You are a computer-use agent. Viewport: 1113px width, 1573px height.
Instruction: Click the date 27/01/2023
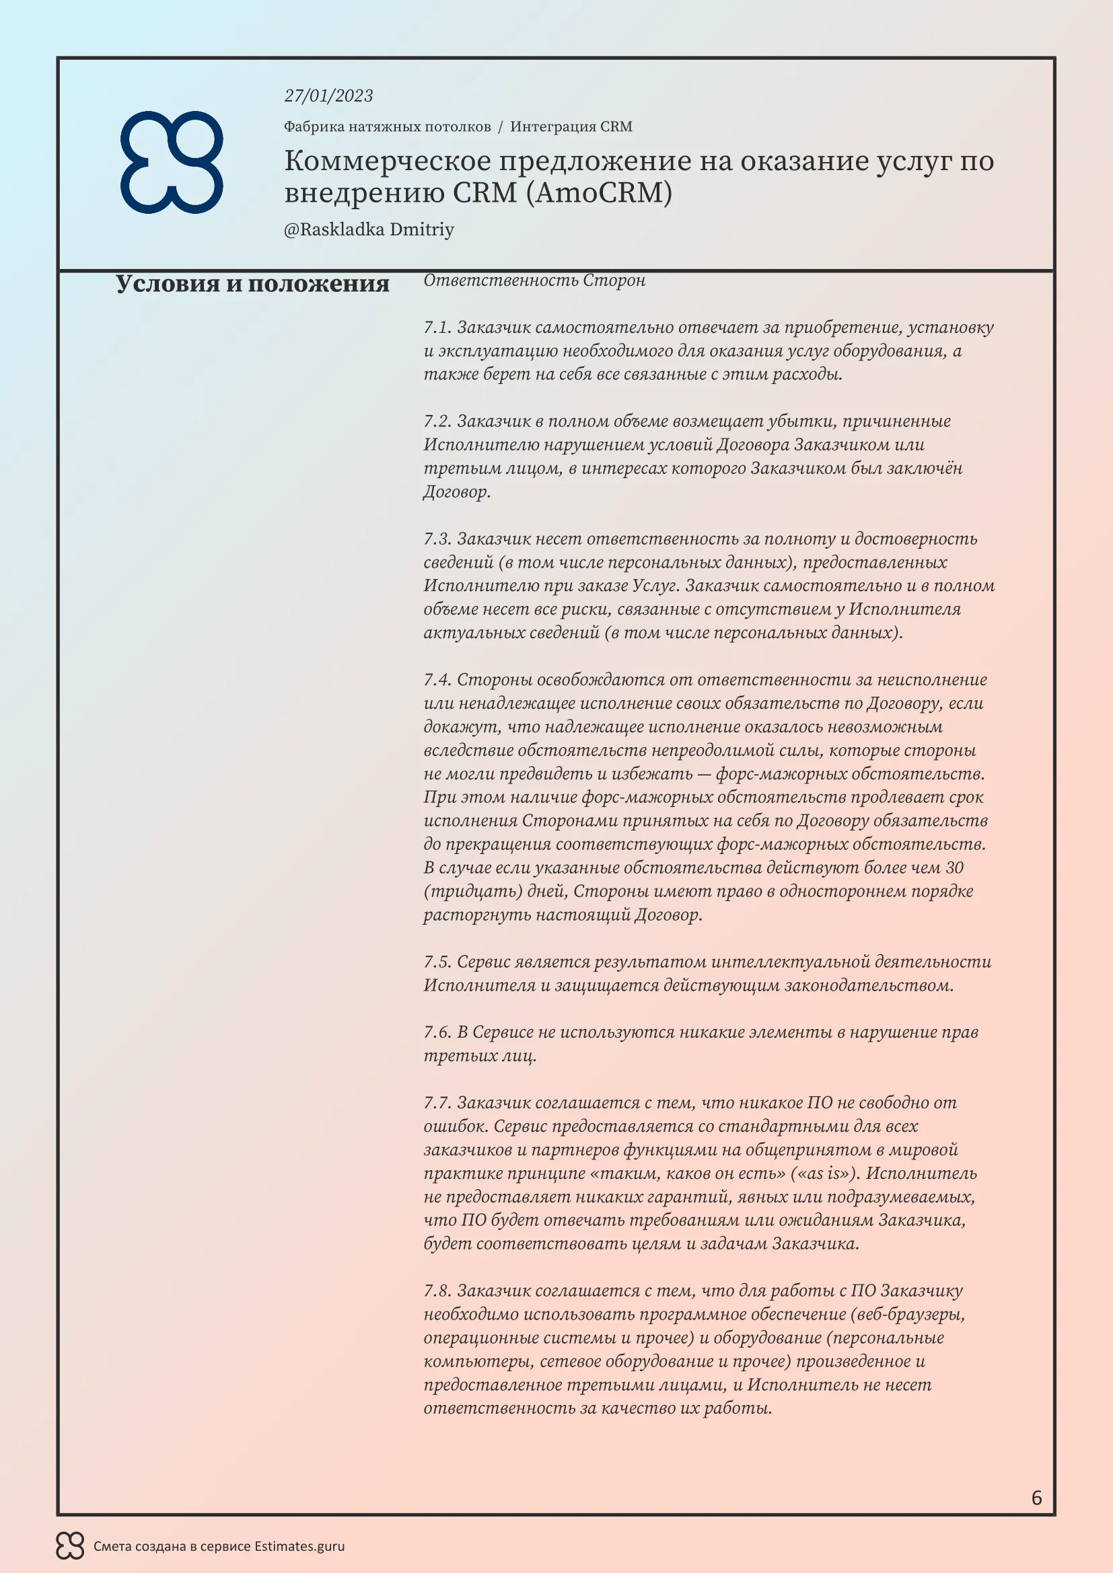[328, 96]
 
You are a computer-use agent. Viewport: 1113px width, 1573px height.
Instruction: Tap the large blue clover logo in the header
[172, 161]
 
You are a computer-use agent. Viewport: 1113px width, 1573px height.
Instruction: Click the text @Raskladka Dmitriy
[369, 229]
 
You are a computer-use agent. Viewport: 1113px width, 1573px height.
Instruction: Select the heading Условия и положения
[252, 284]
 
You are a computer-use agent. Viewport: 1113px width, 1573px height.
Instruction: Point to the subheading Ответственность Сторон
[534, 280]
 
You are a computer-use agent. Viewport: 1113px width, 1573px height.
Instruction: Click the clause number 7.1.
[437, 328]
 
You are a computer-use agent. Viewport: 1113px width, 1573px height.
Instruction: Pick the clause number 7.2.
[437, 422]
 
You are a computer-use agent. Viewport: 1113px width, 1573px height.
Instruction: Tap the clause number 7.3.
[437, 539]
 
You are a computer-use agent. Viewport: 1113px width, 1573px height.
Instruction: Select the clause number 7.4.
[437, 680]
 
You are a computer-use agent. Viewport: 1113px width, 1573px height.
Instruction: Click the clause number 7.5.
[437, 962]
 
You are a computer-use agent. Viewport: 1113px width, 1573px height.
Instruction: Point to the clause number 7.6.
[437, 1032]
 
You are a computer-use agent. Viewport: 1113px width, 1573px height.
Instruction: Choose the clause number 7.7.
[437, 1103]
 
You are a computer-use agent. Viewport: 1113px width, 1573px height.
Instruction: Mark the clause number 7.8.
[437, 1291]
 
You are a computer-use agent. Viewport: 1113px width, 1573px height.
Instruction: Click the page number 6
[1036, 1498]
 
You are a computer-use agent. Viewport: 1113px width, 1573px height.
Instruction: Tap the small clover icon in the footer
[70, 1546]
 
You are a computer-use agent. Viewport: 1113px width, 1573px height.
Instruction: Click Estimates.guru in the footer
[299, 1547]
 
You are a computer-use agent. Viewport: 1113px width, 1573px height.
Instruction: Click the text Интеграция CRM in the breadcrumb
[571, 126]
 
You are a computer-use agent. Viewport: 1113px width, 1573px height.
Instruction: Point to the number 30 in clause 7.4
[954, 868]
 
